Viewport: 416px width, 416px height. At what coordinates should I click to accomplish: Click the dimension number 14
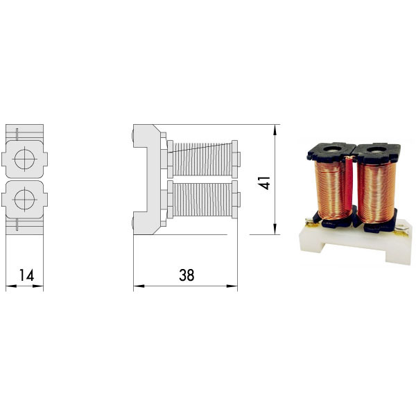coord(26,275)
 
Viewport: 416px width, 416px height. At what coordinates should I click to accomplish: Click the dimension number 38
coord(187,275)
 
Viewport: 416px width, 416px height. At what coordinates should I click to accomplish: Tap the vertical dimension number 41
coord(265,183)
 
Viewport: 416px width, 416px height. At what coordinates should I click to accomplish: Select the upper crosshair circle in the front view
coord(25,159)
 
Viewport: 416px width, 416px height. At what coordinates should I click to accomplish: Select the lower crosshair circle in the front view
coord(25,200)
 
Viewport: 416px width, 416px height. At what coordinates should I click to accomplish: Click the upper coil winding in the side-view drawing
coord(202,159)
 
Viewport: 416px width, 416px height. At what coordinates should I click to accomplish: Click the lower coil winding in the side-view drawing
coord(202,200)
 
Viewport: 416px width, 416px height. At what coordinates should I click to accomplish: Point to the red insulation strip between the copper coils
coord(349,185)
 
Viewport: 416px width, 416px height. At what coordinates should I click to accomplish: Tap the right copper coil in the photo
coord(376,192)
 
